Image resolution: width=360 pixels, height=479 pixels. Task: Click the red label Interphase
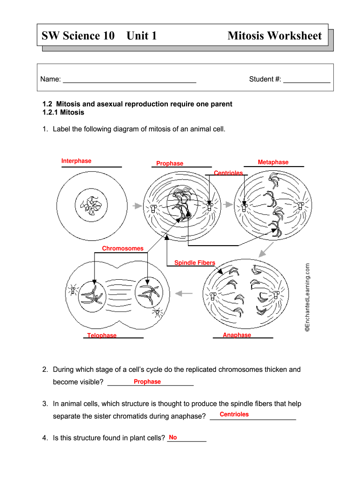click(76, 161)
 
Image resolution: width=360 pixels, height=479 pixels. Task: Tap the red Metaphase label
click(273, 162)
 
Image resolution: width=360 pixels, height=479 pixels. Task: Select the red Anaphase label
click(237, 335)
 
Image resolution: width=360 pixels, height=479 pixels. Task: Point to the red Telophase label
click(102, 335)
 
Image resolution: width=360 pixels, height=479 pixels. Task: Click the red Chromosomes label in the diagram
click(122, 248)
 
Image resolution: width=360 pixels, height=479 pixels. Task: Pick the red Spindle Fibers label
click(194, 263)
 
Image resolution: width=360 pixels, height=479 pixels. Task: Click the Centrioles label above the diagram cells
click(228, 173)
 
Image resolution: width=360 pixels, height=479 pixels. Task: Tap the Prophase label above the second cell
click(170, 163)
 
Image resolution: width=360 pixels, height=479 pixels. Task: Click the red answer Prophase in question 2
click(147, 382)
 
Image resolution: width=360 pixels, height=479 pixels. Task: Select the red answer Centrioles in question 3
click(234, 414)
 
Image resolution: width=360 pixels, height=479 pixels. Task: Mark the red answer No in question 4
click(173, 437)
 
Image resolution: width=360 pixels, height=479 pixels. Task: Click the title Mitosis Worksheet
click(274, 36)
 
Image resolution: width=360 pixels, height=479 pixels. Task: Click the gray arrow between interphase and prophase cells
click(136, 205)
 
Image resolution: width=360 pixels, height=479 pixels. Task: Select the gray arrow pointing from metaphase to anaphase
click(266, 250)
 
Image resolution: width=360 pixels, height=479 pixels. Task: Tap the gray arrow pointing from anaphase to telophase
click(184, 293)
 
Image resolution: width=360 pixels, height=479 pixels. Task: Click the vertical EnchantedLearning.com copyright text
click(307, 298)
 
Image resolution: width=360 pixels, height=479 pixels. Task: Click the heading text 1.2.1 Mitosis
click(63, 112)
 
